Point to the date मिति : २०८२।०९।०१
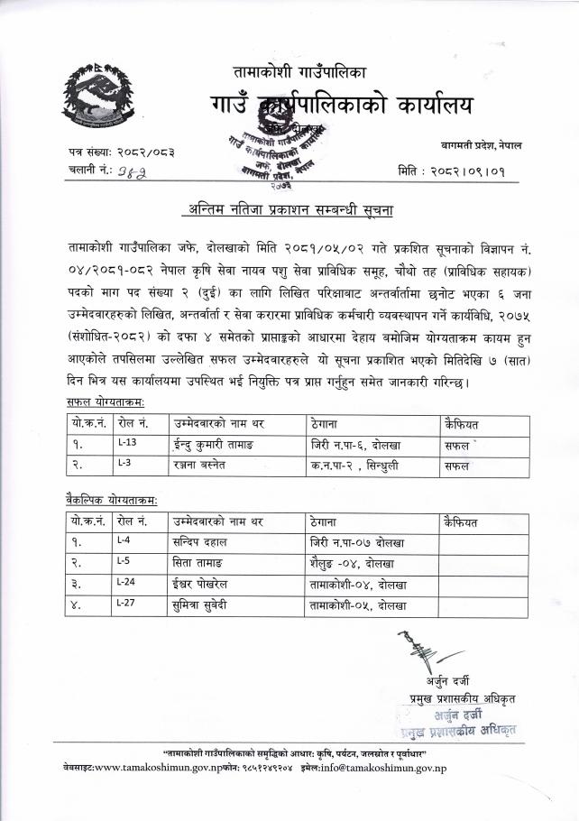tap(451, 171)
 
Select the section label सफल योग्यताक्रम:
tap(106, 399)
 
